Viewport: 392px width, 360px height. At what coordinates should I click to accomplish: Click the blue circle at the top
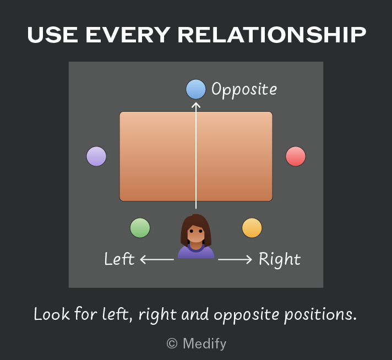(196, 89)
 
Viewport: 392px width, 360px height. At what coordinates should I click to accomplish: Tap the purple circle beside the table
(96, 156)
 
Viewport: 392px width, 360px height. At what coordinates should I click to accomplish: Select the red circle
(296, 156)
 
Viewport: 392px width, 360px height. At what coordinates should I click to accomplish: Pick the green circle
(140, 228)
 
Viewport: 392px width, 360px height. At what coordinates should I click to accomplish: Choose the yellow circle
(252, 228)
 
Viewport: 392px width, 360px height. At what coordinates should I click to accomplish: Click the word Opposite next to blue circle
(244, 90)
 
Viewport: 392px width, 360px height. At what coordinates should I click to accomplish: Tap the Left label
(119, 259)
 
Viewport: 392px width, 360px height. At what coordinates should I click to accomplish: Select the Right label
(280, 259)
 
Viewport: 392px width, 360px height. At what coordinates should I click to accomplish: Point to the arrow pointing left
(157, 259)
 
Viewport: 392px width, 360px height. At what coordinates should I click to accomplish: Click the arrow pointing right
(235, 259)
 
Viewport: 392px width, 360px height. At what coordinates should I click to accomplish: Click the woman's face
(196, 234)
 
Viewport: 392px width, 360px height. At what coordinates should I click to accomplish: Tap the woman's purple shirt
(196, 252)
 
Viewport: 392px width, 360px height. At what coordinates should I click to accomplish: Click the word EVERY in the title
(128, 35)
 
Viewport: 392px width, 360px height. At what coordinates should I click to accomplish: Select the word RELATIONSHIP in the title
(272, 35)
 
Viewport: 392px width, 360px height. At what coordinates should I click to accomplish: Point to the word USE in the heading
(52, 35)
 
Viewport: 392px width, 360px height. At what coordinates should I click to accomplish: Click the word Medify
(204, 343)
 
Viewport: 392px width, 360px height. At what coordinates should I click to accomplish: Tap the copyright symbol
(172, 343)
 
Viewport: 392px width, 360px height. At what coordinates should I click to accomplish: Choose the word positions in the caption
(320, 314)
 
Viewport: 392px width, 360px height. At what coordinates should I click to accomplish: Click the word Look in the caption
(52, 314)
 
